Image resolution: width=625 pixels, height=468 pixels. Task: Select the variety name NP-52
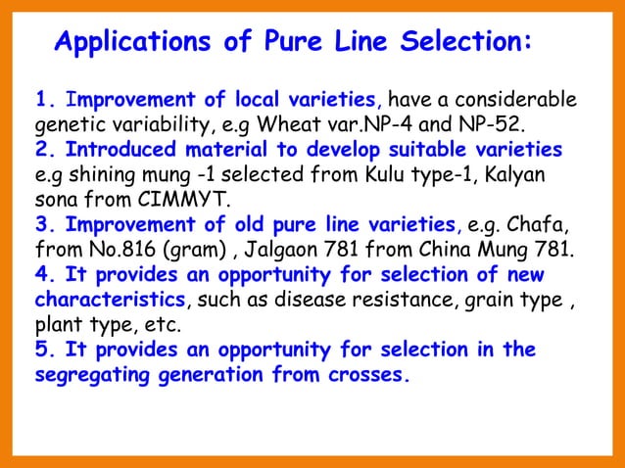click(490, 124)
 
